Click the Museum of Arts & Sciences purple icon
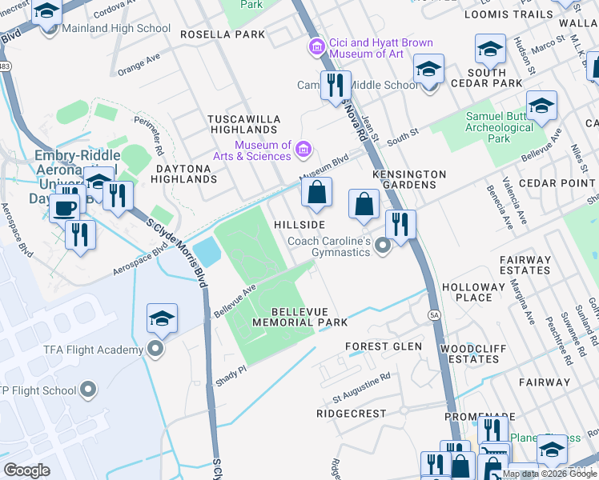(303, 150)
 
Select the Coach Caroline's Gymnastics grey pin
(383, 246)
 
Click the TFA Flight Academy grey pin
(155, 350)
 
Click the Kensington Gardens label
(408, 179)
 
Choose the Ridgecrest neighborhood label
(351, 414)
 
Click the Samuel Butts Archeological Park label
(499, 127)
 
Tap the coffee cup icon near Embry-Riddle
(64, 209)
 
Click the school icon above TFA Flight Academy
(162, 319)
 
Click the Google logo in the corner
(27, 470)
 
